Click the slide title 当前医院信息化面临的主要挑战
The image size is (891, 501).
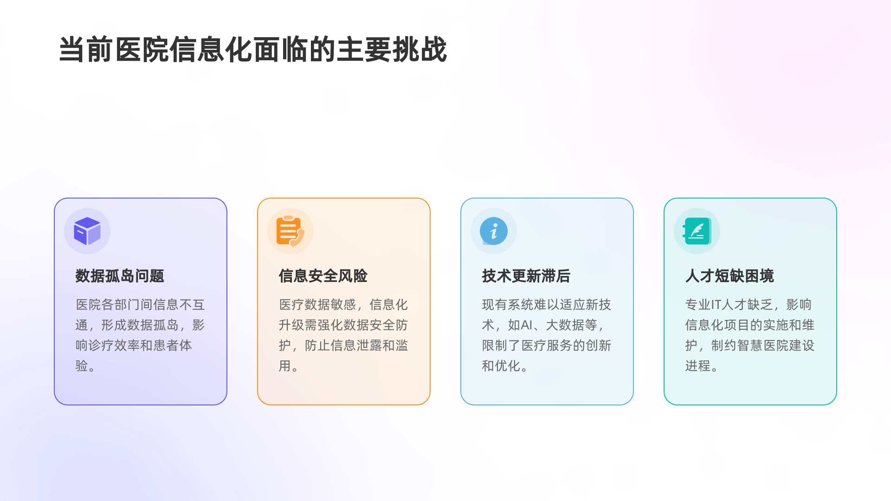(x=253, y=50)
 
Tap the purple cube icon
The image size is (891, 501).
(x=87, y=231)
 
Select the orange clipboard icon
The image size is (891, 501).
(x=290, y=231)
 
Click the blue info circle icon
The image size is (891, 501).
(x=493, y=231)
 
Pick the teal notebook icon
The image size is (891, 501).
(x=697, y=231)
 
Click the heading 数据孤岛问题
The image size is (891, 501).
(x=120, y=276)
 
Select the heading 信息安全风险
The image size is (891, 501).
(x=323, y=276)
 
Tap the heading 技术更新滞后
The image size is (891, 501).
(x=526, y=276)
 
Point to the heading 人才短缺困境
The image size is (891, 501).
(x=730, y=276)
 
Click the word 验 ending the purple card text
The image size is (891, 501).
(x=82, y=366)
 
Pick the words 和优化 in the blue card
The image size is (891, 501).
(x=501, y=366)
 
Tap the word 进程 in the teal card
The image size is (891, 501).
(x=697, y=366)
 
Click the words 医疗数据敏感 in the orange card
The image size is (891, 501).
(x=317, y=305)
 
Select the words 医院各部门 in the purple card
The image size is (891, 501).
(x=108, y=305)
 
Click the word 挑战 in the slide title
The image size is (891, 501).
(x=420, y=50)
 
